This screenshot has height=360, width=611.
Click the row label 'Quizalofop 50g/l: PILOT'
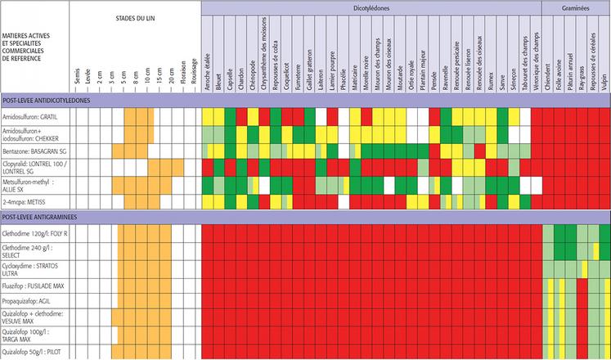pos(35,352)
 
